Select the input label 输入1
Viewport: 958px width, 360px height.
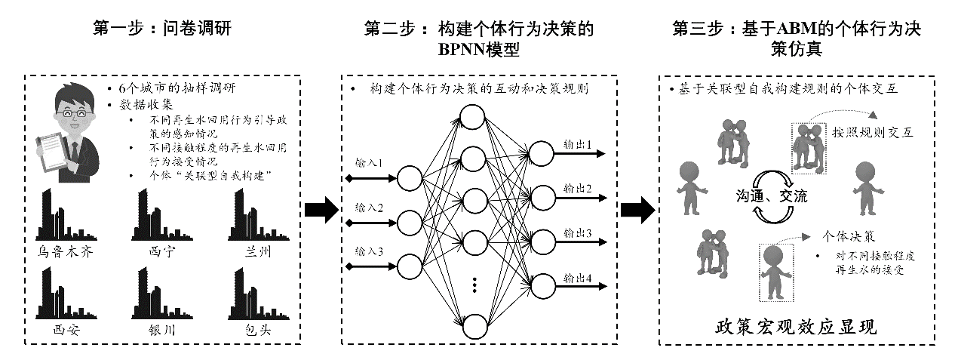370,162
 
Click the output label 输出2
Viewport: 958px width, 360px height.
578,186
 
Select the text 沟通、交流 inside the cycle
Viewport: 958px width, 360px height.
772,196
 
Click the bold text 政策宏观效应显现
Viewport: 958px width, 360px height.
796,328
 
